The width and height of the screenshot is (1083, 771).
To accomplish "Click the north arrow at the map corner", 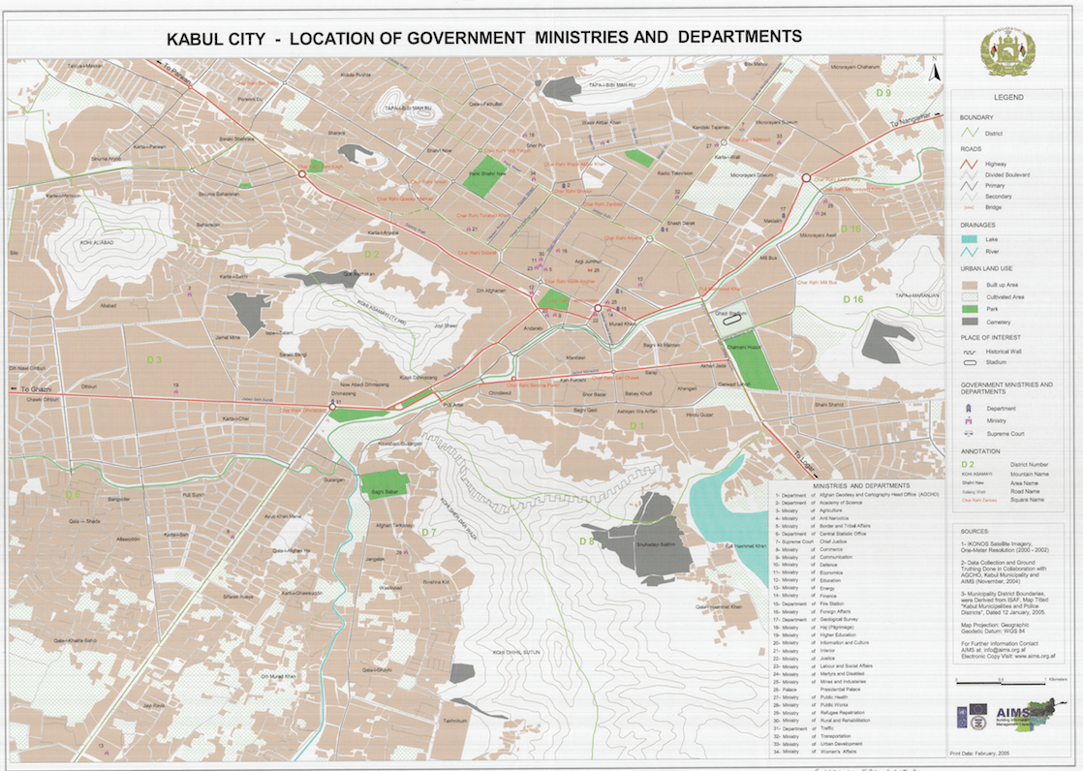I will tap(934, 70).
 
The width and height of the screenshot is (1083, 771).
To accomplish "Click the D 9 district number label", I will tap(882, 93).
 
